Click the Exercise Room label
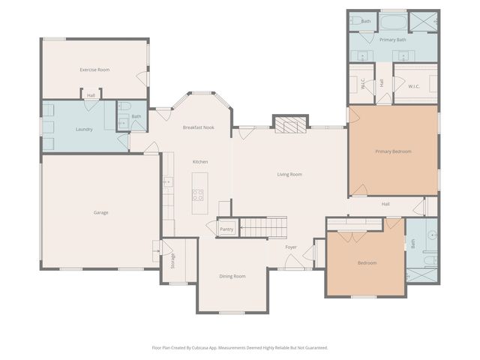click(x=94, y=70)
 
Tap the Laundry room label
click(x=84, y=129)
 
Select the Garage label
click(x=100, y=213)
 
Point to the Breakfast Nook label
click(x=198, y=127)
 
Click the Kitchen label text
click(x=200, y=162)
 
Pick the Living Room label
click(x=289, y=175)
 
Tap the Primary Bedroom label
click(x=393, y=151)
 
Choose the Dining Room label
click(x=232, y=276)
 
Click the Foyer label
click(x=291, y=247)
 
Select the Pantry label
click(x=226, y=229)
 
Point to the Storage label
click(x=173, y=261)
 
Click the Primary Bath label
click(x=392, y=39)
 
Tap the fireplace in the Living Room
click(x=290, y=124)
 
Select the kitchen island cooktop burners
click(x=199, y=195)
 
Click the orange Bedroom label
click(x=367, y=262)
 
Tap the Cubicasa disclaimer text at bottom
click(x=240, y=347)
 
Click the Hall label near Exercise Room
click(x=91, y=95)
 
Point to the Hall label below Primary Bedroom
click(x=385, y=204)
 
